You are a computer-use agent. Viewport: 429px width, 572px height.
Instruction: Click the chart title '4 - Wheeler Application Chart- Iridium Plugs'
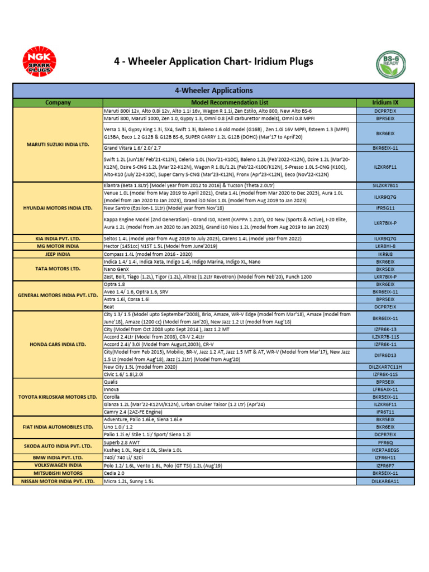click(x=214, y=62)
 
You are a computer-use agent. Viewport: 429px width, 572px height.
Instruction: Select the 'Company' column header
click(x=58, y=102)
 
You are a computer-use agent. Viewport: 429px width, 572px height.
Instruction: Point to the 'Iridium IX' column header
click(x=385, y=102)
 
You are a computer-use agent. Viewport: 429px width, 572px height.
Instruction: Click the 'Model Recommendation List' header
click(x=230, y=102)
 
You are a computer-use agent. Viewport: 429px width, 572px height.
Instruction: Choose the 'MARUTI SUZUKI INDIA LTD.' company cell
click(x=58, y=144)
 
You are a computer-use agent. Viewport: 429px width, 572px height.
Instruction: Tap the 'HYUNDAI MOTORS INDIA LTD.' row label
click(x=58, y=208)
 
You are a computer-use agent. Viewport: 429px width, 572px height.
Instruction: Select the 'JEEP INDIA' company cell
click(x=58, y=253)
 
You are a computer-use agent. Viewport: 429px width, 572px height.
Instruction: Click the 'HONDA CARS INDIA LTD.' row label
click(x=58, y=345)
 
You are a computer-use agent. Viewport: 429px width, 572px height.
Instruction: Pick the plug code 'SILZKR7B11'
click(x=385, y=185)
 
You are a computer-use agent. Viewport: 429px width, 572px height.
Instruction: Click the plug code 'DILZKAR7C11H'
click(x=385, y=367)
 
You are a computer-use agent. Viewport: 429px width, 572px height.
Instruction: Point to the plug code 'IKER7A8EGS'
click(x=385, y=450)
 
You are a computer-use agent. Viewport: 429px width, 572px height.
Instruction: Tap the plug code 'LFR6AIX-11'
click(x=385, y=389)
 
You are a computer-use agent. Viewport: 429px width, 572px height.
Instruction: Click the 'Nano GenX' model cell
click(x=118, y=269)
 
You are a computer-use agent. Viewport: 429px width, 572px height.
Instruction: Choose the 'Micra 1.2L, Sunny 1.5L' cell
click(x=128, y=481)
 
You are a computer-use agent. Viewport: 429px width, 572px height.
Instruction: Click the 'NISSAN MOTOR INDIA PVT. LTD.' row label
click(x=58, y=481)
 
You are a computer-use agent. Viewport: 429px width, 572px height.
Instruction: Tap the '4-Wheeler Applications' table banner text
click(x=214, y=90)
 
